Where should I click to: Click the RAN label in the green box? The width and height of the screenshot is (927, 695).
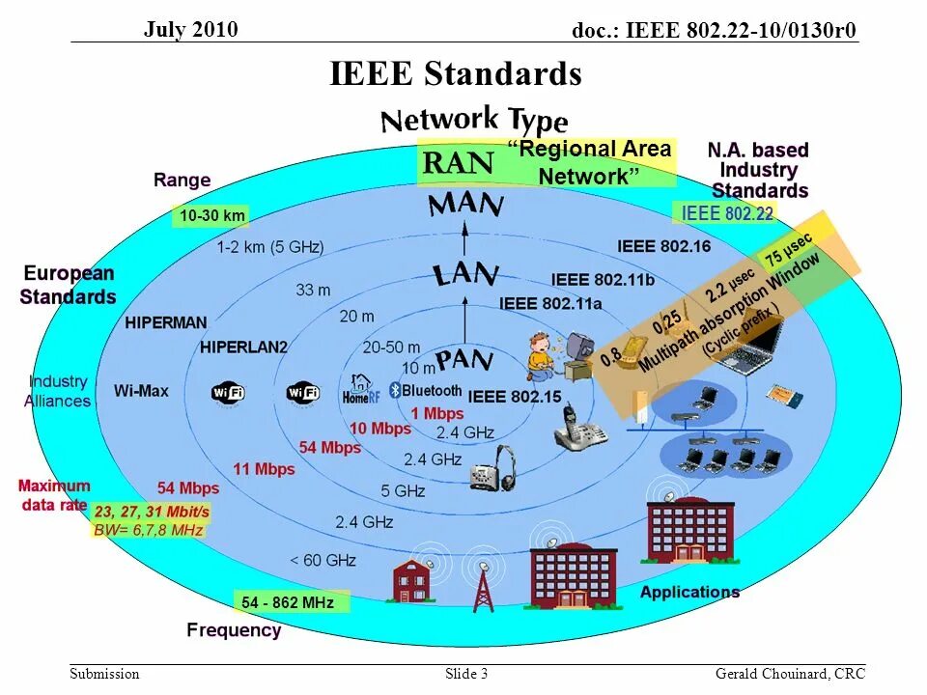tap(459, 163)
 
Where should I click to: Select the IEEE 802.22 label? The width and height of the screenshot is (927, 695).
tap(727, 213)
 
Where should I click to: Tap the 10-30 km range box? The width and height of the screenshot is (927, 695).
tap(211, 216)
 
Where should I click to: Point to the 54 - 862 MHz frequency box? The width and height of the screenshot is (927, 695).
tap(288, 603)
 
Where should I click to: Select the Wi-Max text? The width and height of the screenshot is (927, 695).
tap(141, 391)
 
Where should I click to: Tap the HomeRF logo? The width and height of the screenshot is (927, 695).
tap(357, 391)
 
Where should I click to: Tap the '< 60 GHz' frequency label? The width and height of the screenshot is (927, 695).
tap(323, 560)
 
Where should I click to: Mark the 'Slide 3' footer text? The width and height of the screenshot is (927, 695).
tap(466, 674)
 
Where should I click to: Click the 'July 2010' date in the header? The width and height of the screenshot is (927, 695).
tap(191, 29)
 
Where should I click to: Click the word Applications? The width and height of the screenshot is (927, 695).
tap(689, 592)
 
